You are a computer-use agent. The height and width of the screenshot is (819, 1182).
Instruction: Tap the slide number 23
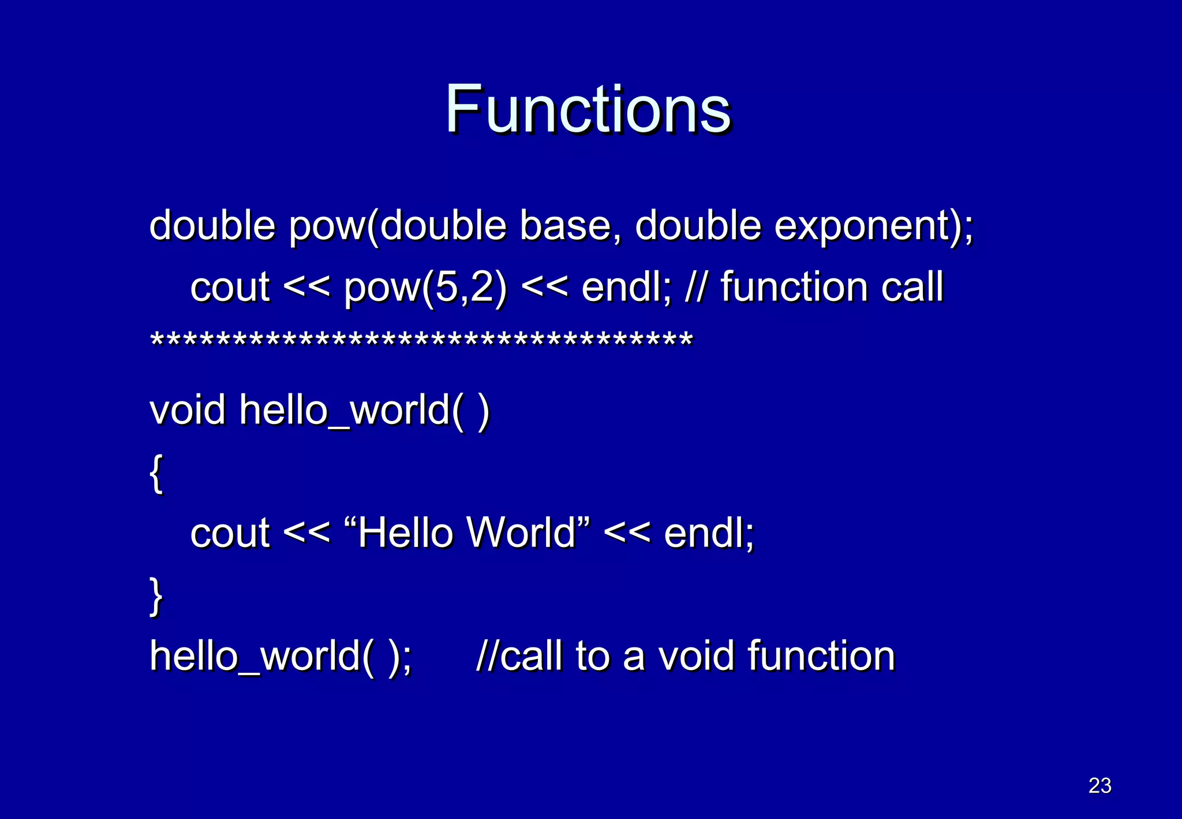coord(1099,786)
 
